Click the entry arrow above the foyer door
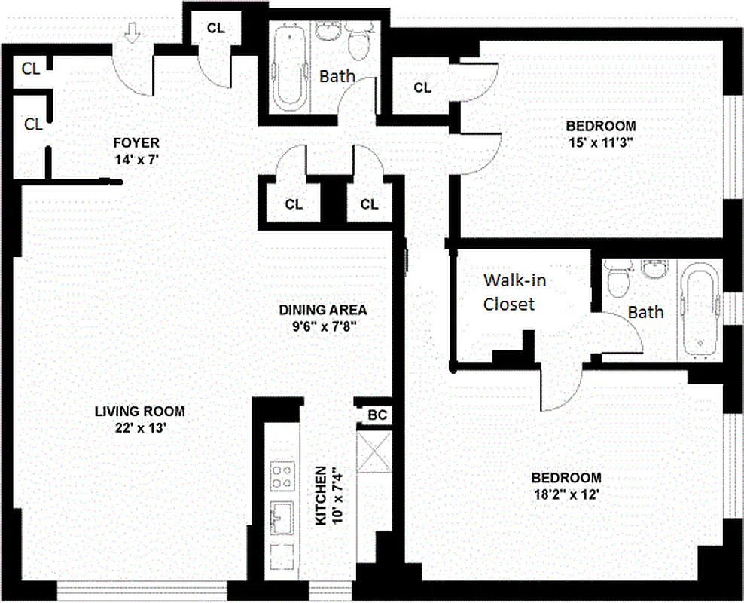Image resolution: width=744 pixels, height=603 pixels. (133, 34)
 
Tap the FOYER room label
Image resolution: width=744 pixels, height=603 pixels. (136, 143)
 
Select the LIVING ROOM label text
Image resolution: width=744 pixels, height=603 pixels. (139, 412)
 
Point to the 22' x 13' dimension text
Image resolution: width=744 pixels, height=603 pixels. (139, 428)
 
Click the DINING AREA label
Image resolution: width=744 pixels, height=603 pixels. (322, 310)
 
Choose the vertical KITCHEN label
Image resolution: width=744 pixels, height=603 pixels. (320, 495)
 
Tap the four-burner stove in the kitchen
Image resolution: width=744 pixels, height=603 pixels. (283, 473)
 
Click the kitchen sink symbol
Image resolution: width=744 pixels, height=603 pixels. (283, 518)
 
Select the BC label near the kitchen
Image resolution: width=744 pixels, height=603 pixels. (376, 415)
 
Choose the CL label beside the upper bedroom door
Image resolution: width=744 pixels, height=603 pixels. (422, 88)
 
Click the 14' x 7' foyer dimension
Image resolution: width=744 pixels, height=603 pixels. (136, 160)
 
